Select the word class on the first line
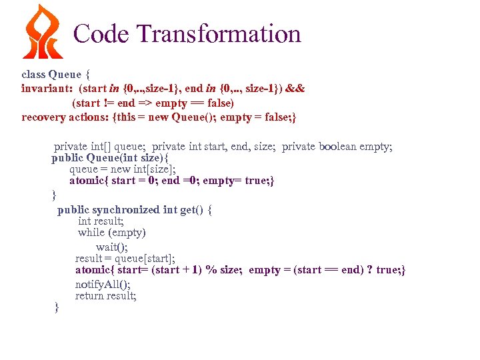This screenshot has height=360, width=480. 33,74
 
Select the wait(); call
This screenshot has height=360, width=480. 112,247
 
